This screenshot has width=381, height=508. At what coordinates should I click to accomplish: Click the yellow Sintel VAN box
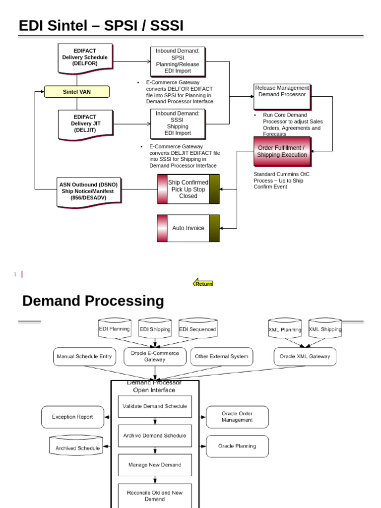(x=76, y=92)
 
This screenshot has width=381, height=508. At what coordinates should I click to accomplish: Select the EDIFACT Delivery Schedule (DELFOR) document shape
(x=85, y=57)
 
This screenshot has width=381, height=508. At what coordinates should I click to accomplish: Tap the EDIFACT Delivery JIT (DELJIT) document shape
(x=85, y=124)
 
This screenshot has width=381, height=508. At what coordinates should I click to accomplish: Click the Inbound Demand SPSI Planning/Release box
(x=178, y=61)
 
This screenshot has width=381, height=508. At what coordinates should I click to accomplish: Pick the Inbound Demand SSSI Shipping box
(x=178, y=124)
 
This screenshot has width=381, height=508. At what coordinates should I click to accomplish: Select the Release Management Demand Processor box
(x=282, y=96)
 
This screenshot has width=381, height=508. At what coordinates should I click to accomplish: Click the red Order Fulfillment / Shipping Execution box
(x=282, y=151)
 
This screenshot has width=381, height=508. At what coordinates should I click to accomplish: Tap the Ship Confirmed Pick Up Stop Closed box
(x=188, y=189)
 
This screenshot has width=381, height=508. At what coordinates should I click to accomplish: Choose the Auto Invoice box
(x=188, y=228)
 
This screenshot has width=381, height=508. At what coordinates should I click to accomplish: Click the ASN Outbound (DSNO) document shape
(x=89, y=191)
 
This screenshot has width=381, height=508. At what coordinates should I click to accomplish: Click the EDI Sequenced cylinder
(x=197, y=329)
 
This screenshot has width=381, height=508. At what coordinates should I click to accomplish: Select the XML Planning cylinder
(x=285, y=329)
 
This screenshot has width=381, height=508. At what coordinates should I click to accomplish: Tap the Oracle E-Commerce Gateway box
(x=155, y=356)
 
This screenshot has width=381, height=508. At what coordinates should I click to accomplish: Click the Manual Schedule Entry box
(x=84, y=356)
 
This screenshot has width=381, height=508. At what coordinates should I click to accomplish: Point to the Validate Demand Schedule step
(x=155, y=406)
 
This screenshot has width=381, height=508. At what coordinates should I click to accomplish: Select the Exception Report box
(x=72, y=417)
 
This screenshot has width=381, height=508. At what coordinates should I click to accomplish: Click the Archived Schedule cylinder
(x=77, y=446)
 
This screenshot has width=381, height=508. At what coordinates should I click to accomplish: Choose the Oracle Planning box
(x=237, y=446)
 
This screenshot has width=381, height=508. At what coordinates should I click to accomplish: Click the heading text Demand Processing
(x=93, y=301)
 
